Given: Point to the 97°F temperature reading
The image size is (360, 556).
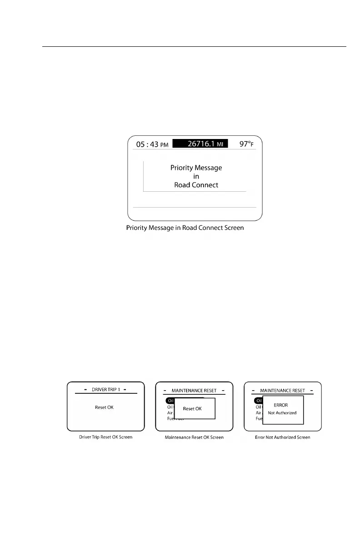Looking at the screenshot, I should (248, 144).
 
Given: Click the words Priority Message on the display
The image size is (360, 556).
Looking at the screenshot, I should (196, 168).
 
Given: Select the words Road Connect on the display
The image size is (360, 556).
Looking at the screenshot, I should (196, 185).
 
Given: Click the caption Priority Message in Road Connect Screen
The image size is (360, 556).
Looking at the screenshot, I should (185, 228).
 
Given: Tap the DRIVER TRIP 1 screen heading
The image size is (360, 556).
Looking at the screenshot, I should (105, 389).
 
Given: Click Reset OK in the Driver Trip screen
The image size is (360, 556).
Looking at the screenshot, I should (104, 407).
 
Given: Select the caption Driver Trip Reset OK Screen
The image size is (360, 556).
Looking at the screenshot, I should (105, 437).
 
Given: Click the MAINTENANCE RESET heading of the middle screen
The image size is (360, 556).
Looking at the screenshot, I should (194, 390).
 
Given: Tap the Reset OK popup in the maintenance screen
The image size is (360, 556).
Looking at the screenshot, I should (192, 409).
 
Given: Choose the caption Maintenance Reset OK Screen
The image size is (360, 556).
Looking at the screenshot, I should (194, 437).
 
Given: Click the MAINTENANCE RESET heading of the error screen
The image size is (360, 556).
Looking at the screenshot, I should (283, 390).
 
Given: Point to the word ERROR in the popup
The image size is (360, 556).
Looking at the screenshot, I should (280, 405).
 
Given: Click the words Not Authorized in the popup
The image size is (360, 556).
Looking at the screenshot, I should (282, 413).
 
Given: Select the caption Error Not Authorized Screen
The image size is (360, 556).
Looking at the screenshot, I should (283, 437).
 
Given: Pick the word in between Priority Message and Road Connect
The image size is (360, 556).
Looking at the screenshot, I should (196, 176).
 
